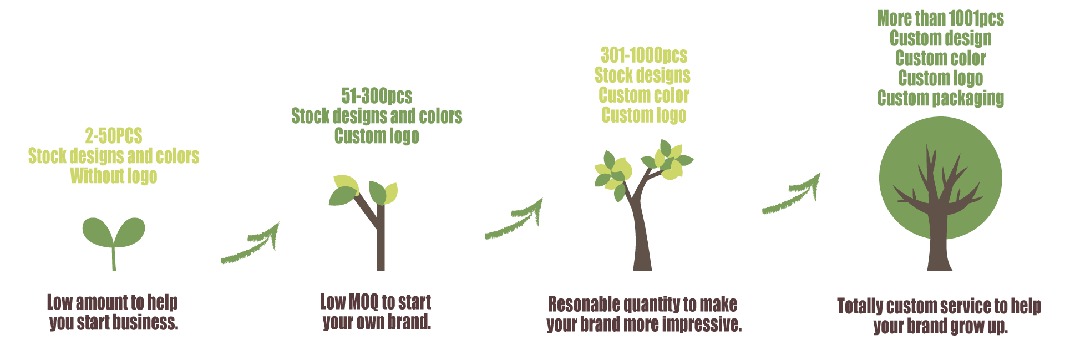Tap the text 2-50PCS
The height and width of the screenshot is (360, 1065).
point(114,136)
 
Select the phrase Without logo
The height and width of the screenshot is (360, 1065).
point(114,176)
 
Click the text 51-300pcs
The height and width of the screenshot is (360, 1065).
point(377,96)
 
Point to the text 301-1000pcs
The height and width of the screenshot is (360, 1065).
point(644,55)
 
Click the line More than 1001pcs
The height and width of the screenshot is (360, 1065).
point(941,18)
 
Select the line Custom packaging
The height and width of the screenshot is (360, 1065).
point(941,98)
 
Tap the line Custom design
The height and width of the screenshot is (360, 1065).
point(941,38)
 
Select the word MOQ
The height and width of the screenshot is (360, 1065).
point(363,302)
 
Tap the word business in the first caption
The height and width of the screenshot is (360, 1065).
point(146,322)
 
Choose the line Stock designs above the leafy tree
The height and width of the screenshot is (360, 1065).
point(643,75)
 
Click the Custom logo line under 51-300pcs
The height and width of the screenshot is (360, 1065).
point(377,136)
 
